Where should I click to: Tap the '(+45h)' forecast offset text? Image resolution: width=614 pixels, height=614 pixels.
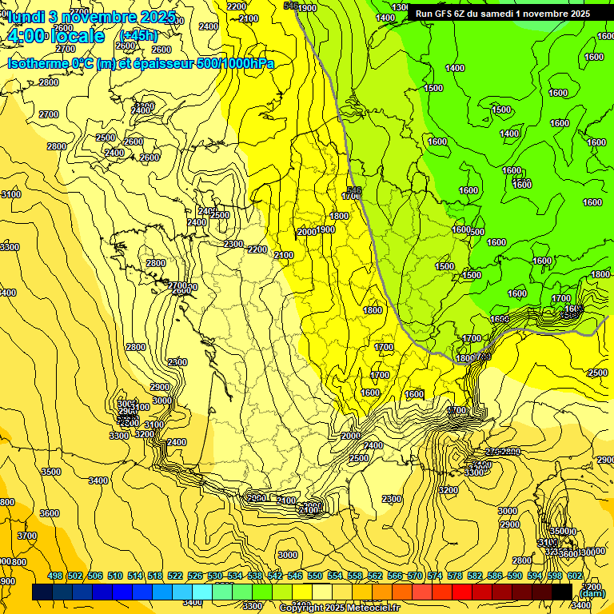[138, 35]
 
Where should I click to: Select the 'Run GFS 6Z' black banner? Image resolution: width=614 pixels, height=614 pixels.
[503, 14]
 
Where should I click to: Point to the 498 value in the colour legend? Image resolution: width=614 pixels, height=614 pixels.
[55, 576]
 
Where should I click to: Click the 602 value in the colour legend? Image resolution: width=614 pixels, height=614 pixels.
[574, 576]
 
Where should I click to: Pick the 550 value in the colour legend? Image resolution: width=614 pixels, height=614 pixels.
[315, 576]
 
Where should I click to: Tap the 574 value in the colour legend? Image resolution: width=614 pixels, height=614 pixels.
[434, 576]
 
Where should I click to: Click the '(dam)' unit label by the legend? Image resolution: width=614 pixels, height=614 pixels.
[592, 592]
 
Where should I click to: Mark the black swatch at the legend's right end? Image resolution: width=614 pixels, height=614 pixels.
[562, 592]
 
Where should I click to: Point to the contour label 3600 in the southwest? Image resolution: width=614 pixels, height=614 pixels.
[50, 513]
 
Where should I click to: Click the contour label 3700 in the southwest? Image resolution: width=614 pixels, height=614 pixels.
[27, 536]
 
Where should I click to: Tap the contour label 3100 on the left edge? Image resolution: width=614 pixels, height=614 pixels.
[11, 194]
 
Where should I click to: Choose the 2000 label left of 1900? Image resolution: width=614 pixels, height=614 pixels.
[306, 232]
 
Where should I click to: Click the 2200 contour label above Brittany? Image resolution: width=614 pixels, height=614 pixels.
[257, 249]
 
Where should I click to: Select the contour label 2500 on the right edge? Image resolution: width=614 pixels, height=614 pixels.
[597, 373]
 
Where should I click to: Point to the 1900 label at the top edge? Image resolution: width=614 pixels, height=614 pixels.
[307, 8]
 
